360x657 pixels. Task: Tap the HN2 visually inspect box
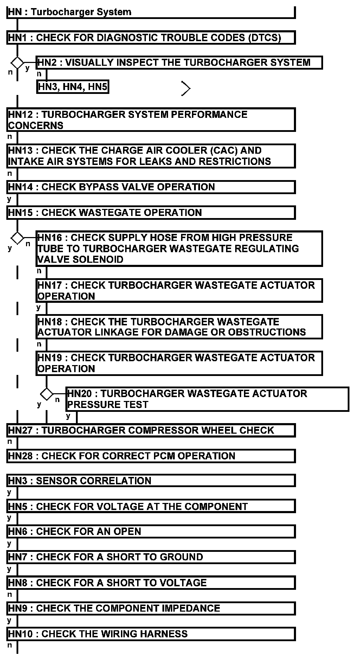coord(179,63)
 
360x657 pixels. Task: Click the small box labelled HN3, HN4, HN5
coord(72,87)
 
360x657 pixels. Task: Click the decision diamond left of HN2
coord(17,63)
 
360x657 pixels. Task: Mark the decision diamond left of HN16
coord(17,238)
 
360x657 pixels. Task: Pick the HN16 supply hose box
coord(179,248)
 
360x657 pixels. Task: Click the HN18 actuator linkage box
coord(179,327)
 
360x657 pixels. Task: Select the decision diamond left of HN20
coord(46,394)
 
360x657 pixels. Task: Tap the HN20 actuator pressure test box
coord(207,399)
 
